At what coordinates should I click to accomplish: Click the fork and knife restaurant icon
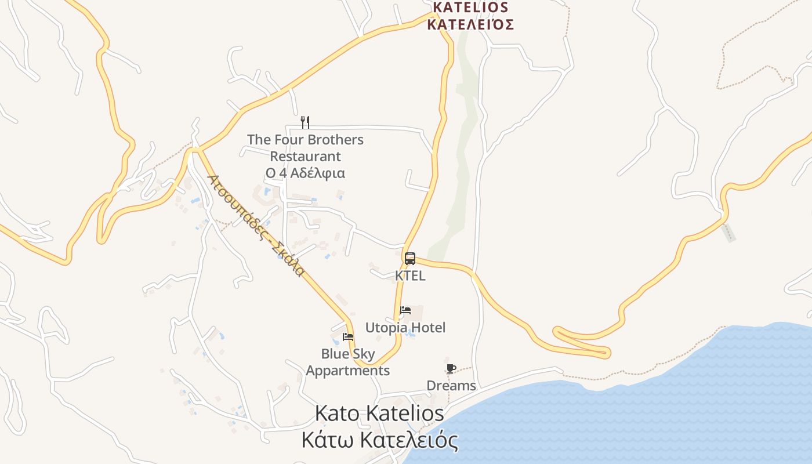pos(305,122)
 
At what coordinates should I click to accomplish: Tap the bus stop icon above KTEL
pos(410,258)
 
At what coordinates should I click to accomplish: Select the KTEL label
pos(410,275)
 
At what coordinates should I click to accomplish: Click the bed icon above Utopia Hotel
pos(405,310)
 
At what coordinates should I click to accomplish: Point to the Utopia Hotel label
pos(405,328)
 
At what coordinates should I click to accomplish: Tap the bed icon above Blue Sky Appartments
pos(348,336)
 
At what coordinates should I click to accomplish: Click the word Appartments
pos(348,371)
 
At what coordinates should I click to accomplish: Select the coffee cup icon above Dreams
pos(451,368)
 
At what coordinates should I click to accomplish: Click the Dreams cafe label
pos(451,386)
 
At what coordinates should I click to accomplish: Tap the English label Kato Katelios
pos(379,414)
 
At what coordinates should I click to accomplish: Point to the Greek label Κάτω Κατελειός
pos(379,440)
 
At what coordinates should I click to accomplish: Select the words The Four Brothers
pos(305,140)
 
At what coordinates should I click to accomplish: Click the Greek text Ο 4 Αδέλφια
pos(305,173)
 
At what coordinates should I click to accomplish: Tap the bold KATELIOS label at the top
pos(470,8)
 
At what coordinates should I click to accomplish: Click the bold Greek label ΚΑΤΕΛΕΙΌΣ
pos(470,24)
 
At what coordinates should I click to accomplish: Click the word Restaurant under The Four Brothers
pos(305,157)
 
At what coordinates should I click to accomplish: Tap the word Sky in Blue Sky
pos(364,354)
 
